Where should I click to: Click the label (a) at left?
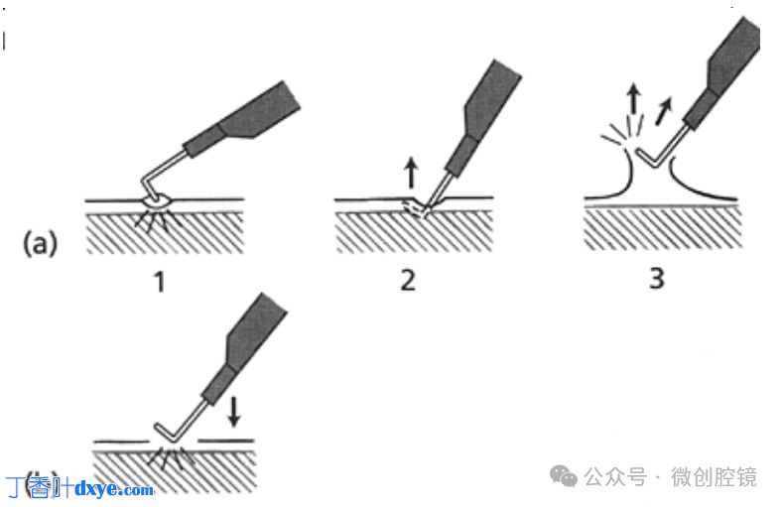tap(41, 243)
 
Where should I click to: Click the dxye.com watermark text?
tap(114, 489)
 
